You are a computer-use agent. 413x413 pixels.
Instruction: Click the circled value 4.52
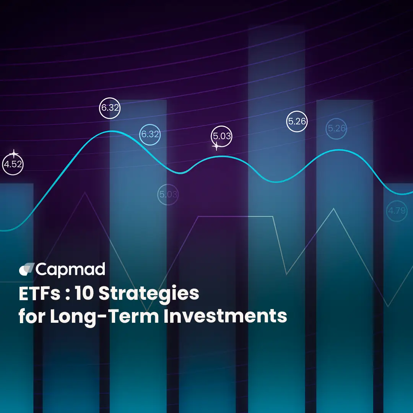(x=13, y=165)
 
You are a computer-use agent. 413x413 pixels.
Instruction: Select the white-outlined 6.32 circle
(x=110, y=108)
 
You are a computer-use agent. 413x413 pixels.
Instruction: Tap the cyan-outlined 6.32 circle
(x=150, y=135)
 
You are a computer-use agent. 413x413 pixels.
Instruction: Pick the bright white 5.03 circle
(x=222, y=136)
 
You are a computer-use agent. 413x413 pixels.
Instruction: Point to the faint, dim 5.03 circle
(x=168, y=194)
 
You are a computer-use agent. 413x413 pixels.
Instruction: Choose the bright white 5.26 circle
(x=297, y=122)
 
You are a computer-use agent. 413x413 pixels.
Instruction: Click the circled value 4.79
(x=397, y=210)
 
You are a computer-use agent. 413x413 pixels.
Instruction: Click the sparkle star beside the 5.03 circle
(x=216, y=146)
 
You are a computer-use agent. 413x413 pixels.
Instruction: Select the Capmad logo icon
(x=26, y=270)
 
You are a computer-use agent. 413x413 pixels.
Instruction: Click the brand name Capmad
(x=71, y=270)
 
